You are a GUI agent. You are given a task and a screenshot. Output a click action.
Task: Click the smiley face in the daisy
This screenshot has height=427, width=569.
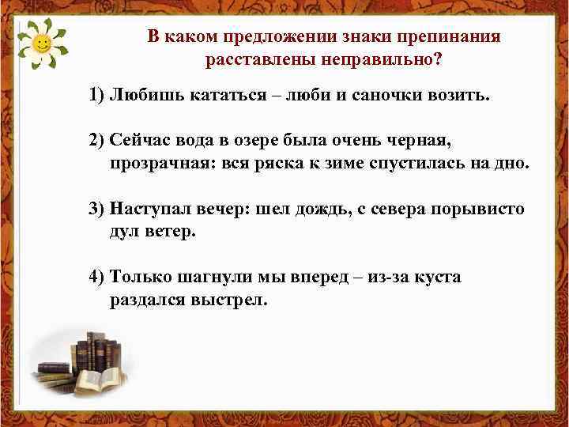tap(44, 44)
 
